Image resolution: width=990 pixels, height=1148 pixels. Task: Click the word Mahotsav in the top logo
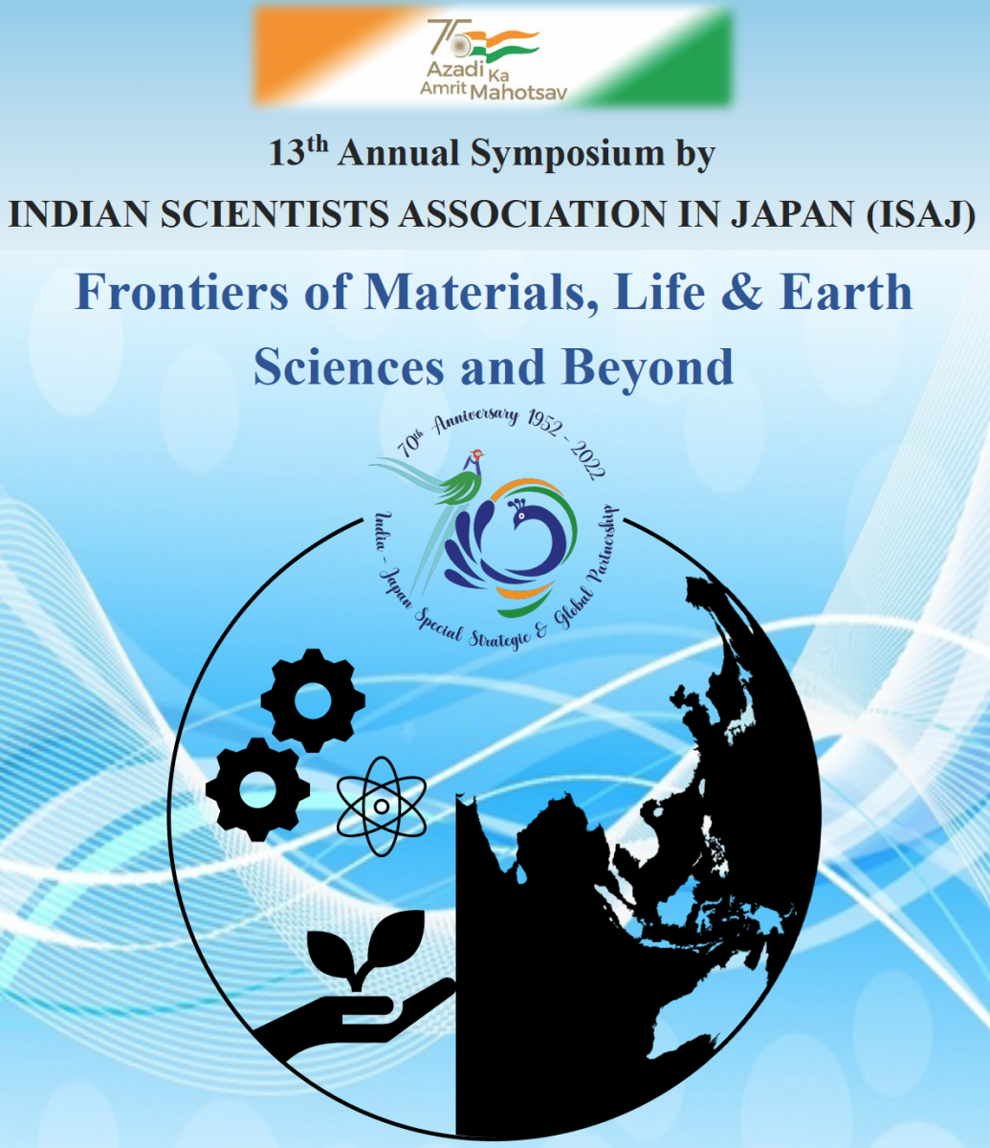click(x=518, y=92)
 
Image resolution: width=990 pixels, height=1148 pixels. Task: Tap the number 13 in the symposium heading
click(x=287, y=154)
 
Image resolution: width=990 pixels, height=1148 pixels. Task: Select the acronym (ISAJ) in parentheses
click(x=920, y=215)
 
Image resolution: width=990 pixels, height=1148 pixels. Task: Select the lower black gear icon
click(x=257, y=788)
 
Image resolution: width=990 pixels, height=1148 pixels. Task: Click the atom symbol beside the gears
click(x=382, y=806)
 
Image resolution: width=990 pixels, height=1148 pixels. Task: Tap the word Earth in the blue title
click(x=846, y=292)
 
